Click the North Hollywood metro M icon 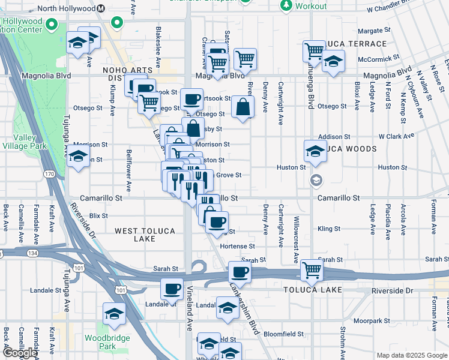tap(101, 8)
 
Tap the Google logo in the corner tap(20, 353)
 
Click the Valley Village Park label tap(29, 142)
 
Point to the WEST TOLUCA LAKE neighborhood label tap(145, 235)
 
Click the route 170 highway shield tap(49, 174)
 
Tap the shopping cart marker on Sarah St tap(312, 270)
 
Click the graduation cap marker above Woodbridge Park tap(113, 314)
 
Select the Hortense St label tap(237, 246)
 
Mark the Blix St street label tap(98, 215)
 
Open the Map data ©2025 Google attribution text tap(411, 355)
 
